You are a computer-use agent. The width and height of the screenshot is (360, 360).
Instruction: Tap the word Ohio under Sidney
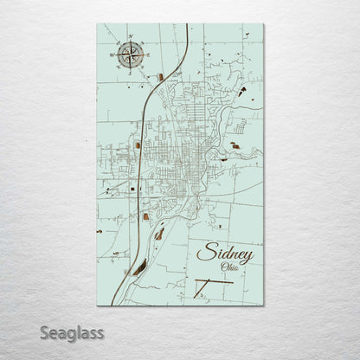pyautogui.click(x=230, y=269)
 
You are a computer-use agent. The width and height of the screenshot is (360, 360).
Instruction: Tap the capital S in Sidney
pyautogui.click(x=204, y=254)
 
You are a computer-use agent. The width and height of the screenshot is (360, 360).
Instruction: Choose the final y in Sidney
pyautogui.click(x=247, y=257)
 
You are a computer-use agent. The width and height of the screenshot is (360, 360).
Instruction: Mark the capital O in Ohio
pyautogui.click(x=222, y=269)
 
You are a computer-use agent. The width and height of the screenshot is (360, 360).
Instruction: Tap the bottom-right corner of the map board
pyautogui.click(x=263, y=306)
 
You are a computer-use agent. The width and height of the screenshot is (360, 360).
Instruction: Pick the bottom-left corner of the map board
pyautogui.click(x=97, y=306)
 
